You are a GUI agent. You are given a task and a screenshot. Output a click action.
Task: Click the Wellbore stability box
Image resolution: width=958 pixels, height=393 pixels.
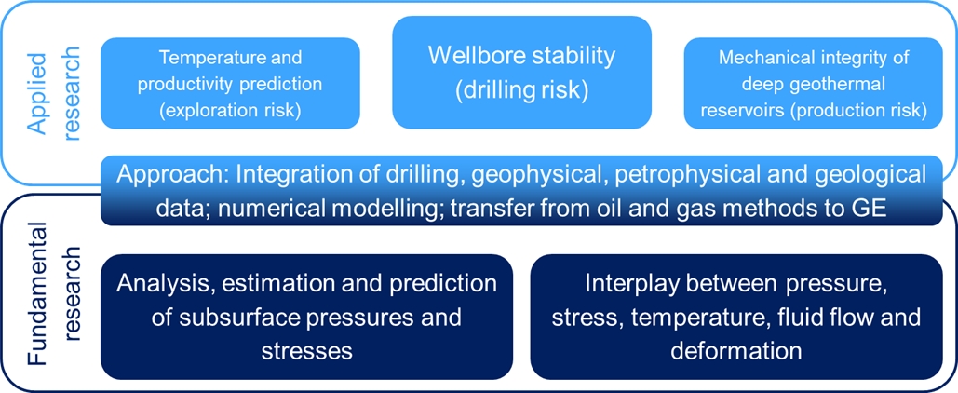[521, 72]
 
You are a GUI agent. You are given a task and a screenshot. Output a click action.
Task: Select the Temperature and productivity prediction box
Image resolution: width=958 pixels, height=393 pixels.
[230, 83]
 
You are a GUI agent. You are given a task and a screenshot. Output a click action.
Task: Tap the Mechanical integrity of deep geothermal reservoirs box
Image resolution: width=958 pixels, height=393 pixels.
[814, 83]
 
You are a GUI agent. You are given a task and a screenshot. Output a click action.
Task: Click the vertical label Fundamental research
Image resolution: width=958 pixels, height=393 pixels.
[56, 294]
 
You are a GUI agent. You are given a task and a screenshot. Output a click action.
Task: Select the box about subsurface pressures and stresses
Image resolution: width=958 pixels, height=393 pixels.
[306, 318]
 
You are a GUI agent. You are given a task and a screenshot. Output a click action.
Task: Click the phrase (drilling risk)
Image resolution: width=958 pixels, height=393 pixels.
[521, 89]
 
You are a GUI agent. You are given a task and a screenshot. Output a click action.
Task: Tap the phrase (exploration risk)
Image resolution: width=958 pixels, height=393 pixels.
[229, 112]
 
